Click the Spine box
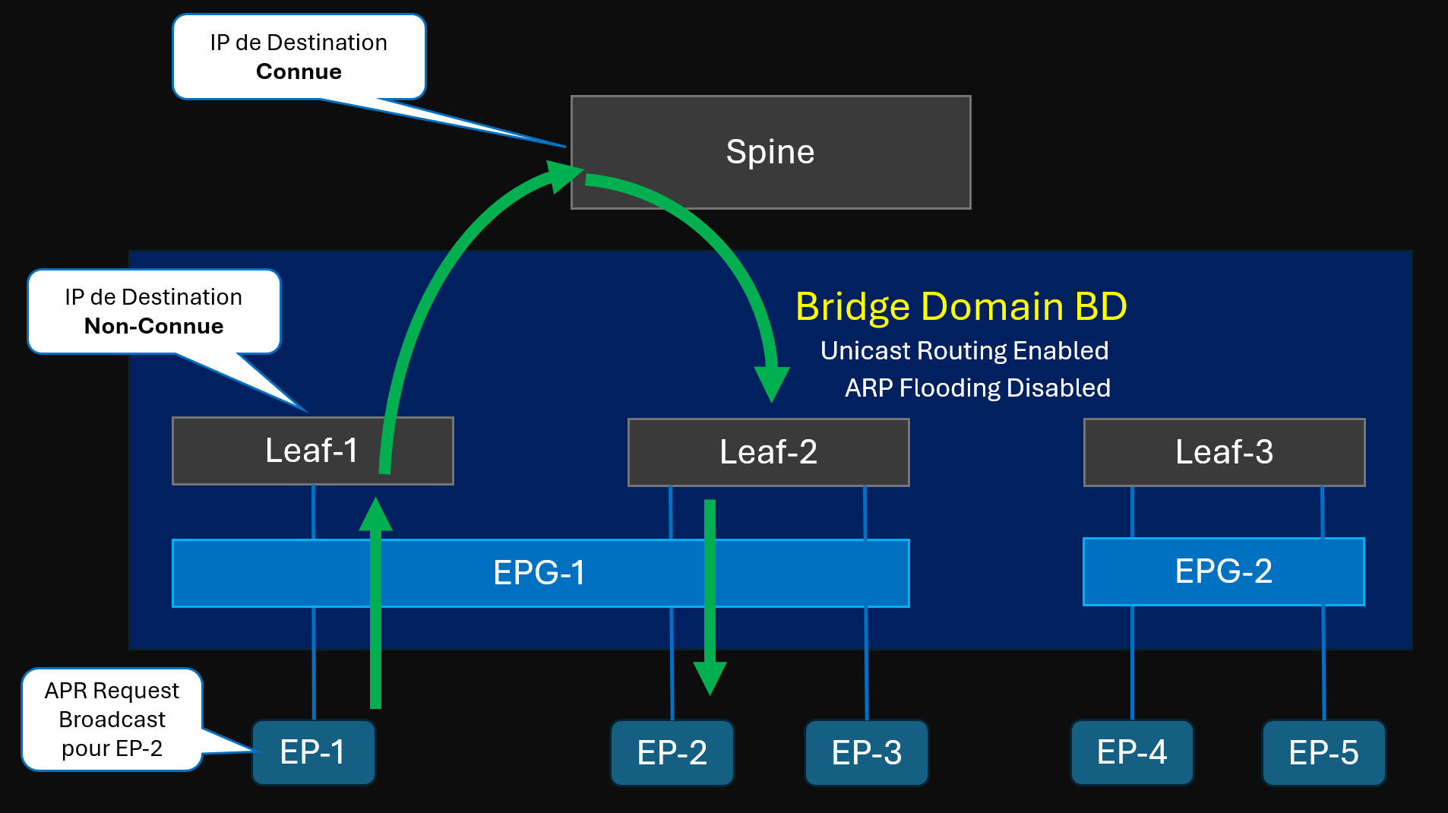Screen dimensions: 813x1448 click(770, 152)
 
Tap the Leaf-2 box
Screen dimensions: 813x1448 click(768, 452)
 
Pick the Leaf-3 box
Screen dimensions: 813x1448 click(1224, 452)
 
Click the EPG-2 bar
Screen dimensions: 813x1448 click(1223, 571)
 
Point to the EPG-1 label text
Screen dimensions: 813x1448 click(539, 573)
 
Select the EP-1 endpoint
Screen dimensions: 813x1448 click(313, 752)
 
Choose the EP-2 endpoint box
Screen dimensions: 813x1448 click(672, 753)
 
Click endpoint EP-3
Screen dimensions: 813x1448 click(866, 753)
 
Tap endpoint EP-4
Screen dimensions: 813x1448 click(1131, 752)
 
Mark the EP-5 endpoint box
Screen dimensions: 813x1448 click(1323, 753)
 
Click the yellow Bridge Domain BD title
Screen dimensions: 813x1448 click(961, 307)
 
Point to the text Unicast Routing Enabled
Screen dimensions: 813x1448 click(964, 351)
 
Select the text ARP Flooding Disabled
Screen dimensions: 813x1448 click(977, 388)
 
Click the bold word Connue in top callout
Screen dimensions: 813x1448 click(299, 71)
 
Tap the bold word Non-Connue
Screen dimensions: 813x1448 click(153, 326)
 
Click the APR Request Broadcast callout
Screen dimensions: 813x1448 click(112, 719)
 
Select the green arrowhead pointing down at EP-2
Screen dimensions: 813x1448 click(710, 676)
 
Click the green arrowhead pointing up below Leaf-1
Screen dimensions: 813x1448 click(375, 515)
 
